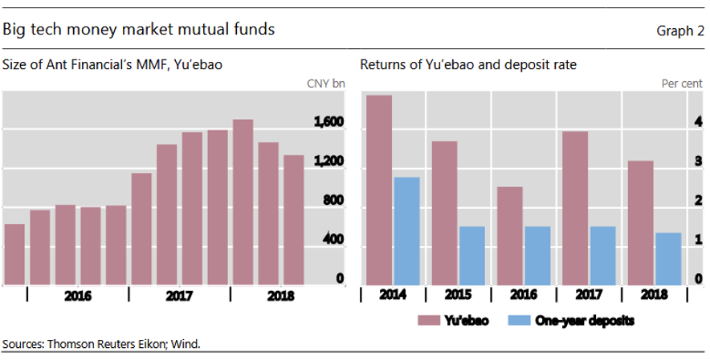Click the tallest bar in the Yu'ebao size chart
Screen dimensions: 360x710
(243, 201)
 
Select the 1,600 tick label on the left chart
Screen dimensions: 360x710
(328, 122)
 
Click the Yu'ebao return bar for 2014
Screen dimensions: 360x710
(379, 189)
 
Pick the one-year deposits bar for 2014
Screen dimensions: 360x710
(407, 230)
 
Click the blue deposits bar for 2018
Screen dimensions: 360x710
(668, 258)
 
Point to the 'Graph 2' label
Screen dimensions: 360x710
(679, 31)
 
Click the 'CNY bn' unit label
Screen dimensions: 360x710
(326, 84)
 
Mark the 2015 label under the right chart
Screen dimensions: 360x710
(457, 296)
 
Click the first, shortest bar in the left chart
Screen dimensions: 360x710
(14, 254)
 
